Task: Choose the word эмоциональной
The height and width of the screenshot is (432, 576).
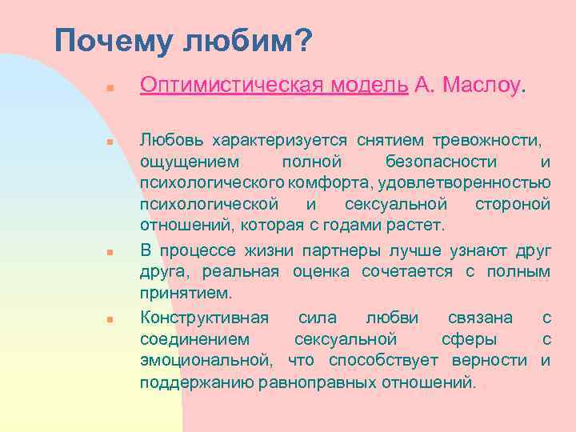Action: tap(203, 360)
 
